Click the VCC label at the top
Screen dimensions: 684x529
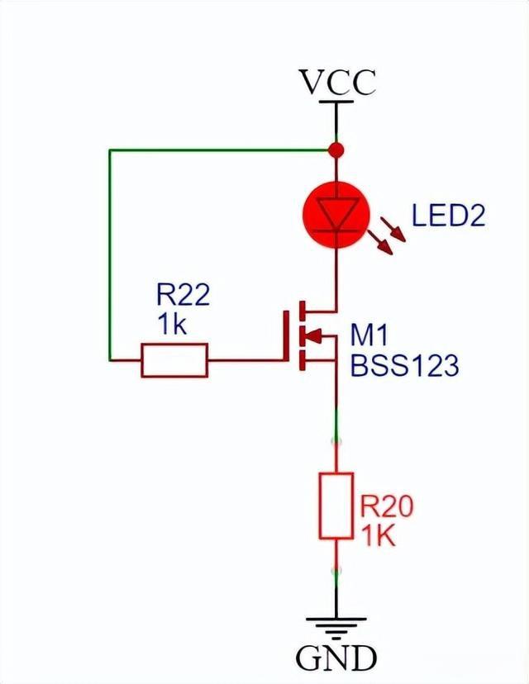pyautogui.click(x=337, y=83)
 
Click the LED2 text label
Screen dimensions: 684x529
pyautogui.click(x=448, y=216)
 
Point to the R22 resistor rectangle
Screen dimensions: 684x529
pyautogui.click(x=174, y=360)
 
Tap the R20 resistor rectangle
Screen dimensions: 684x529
pyautogui.click(x=336, y=506)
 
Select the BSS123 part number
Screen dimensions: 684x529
pyautogui.click(x=403, y=365)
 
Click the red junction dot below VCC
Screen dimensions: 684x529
pyautogui.click(x=336, y=150)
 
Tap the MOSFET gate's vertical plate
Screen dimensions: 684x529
pyautogui.click(x=289, y=335)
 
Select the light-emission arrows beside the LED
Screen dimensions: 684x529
pyautogui.click(x=388, y=239)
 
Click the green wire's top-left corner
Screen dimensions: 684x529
pyautogui.click(x=110, y=150)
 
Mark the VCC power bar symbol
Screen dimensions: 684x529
pyautogui.click(x=336, y=102)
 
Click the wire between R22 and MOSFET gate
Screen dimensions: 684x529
pyautogui.click(x=247, y=360)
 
